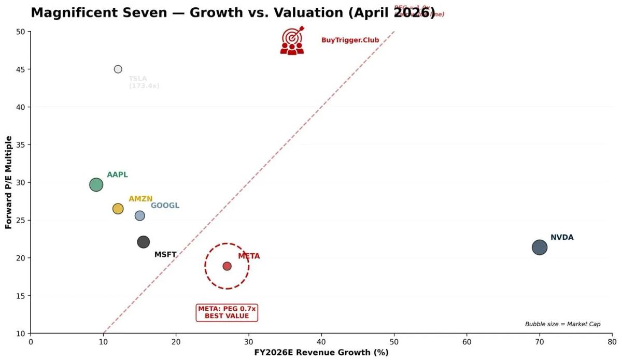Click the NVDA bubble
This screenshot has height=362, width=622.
[540, 248]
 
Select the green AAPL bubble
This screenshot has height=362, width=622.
[96, 184]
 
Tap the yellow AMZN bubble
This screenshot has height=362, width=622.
[118, 209]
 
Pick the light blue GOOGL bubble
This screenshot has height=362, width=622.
[140, 215]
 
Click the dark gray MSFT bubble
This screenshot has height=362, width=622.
[144, 242]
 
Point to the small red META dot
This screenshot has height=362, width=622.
[227, 266]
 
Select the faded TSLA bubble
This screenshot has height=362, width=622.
[118, 69]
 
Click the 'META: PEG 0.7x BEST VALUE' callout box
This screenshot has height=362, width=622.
[227, 312]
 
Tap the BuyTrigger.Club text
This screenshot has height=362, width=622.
[350, 40]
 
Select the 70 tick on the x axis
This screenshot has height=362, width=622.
[540, 341]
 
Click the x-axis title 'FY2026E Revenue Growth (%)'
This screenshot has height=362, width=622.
[321, 353]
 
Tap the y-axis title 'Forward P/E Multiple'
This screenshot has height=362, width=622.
[8, 182]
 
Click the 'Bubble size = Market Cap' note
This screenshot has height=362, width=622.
[562, 324]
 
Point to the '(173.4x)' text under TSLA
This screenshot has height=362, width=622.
[144, 86]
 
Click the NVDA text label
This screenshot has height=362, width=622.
[562, 238]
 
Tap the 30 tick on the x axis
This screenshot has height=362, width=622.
[249, 341]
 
